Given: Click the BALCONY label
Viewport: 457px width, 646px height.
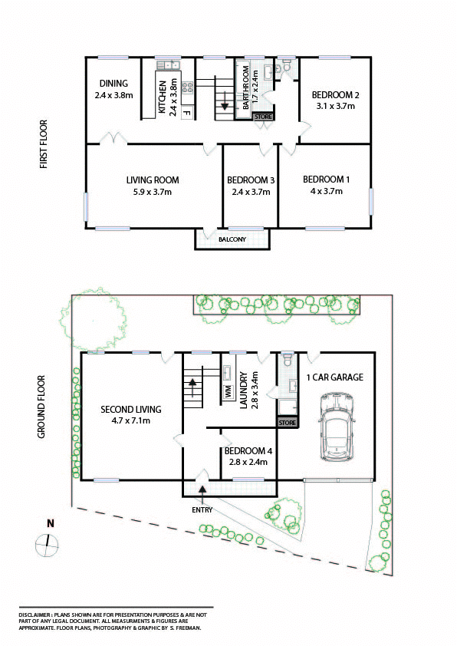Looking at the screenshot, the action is click(232, 239).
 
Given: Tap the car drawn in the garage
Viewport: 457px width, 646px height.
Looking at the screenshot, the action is click(337, 427).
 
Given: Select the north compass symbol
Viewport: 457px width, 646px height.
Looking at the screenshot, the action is click(47, 544).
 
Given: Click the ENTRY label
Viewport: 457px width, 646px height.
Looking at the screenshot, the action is click(202, 510).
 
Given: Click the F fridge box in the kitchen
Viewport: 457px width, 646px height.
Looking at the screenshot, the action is click(187, 113).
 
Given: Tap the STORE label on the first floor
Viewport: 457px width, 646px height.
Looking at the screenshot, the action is click(263, 117).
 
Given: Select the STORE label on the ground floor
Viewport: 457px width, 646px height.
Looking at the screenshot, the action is click(287, 423).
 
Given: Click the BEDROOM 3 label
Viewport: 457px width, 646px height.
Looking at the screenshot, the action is click(251, 180).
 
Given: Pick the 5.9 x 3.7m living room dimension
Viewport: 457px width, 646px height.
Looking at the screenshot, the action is click(153, 192).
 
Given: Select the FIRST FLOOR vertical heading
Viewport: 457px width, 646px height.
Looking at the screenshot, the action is click(44, 144).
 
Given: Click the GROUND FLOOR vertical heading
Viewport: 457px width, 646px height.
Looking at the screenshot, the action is click(41, 407).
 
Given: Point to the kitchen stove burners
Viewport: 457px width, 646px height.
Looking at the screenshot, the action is click(188, 87).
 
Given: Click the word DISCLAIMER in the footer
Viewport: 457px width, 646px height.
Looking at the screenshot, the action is click(35, 615).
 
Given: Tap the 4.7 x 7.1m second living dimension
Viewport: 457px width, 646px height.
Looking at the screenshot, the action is click(131, 420).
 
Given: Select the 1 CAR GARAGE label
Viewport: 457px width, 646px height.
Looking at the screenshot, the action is click(335, 377).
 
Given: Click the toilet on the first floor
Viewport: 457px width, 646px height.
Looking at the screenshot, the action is click(287, 65).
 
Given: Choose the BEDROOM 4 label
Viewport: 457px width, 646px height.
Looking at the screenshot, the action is click(248, 451).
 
